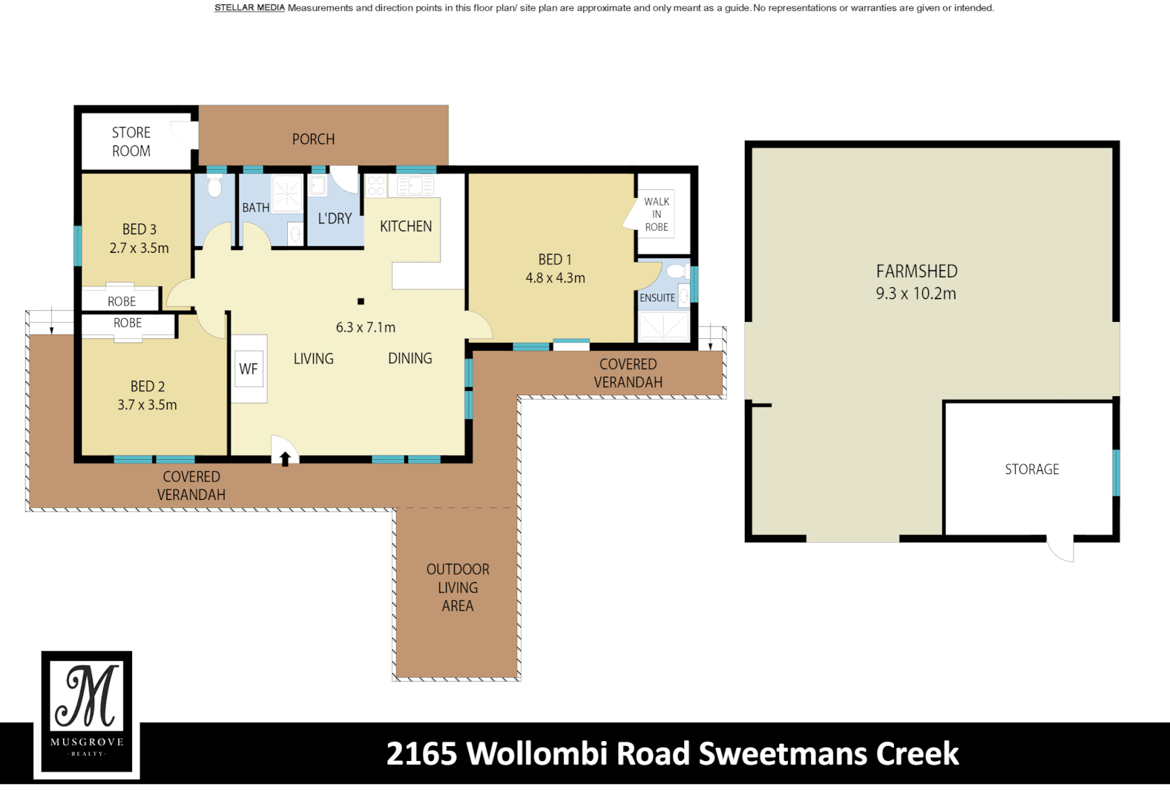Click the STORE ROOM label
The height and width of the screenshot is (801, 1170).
pyautogui.click(x=131, y=142)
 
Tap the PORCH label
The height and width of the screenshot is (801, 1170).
pyautogui.click(x=313, y=139)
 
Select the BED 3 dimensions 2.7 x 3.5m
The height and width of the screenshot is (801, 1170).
pyautogui.click(x=139, y=248)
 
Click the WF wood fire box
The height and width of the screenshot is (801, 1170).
pyautogui.click(x=249, y=369)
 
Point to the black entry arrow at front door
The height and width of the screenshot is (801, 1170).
pyautogui.click(x=285, y=459)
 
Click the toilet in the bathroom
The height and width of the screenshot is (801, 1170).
pyautogui.click(x=214, y=187)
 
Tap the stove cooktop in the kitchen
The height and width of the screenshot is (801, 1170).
pyautogui.click(x=376, y=185)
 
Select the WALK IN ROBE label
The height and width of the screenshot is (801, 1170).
pyautogui.click(x=657, y=214)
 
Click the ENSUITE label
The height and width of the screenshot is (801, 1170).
pyautogui.click(x=657, y=298)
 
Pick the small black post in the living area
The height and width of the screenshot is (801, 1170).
pyautogui.click(x=361, y=301)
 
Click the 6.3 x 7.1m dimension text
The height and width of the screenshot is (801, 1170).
pyautogui.click(x=365, y=327)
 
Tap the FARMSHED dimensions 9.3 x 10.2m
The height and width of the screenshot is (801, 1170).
pyautogui.click(x=916, y=294)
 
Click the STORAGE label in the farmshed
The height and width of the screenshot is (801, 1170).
pyautogui.click(x=1032, y=469)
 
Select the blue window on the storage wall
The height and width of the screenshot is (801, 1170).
pyautogui.click(x=1115, y=472)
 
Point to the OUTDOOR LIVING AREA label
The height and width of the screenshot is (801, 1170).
pyautogui.click(x=458, y=587)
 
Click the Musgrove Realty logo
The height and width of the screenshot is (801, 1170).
pyautogui.click(x=87, y=713)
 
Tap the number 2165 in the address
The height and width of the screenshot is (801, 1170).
pyautogui.click(x=421, y=754)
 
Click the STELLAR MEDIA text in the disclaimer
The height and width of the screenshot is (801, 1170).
pyautogui.click(x=249, y=8)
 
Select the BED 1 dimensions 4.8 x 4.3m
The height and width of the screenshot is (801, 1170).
pyautogui.click(x=555, y=278)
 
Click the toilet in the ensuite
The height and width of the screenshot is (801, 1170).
pyautogui.click(x=675, y=271)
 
